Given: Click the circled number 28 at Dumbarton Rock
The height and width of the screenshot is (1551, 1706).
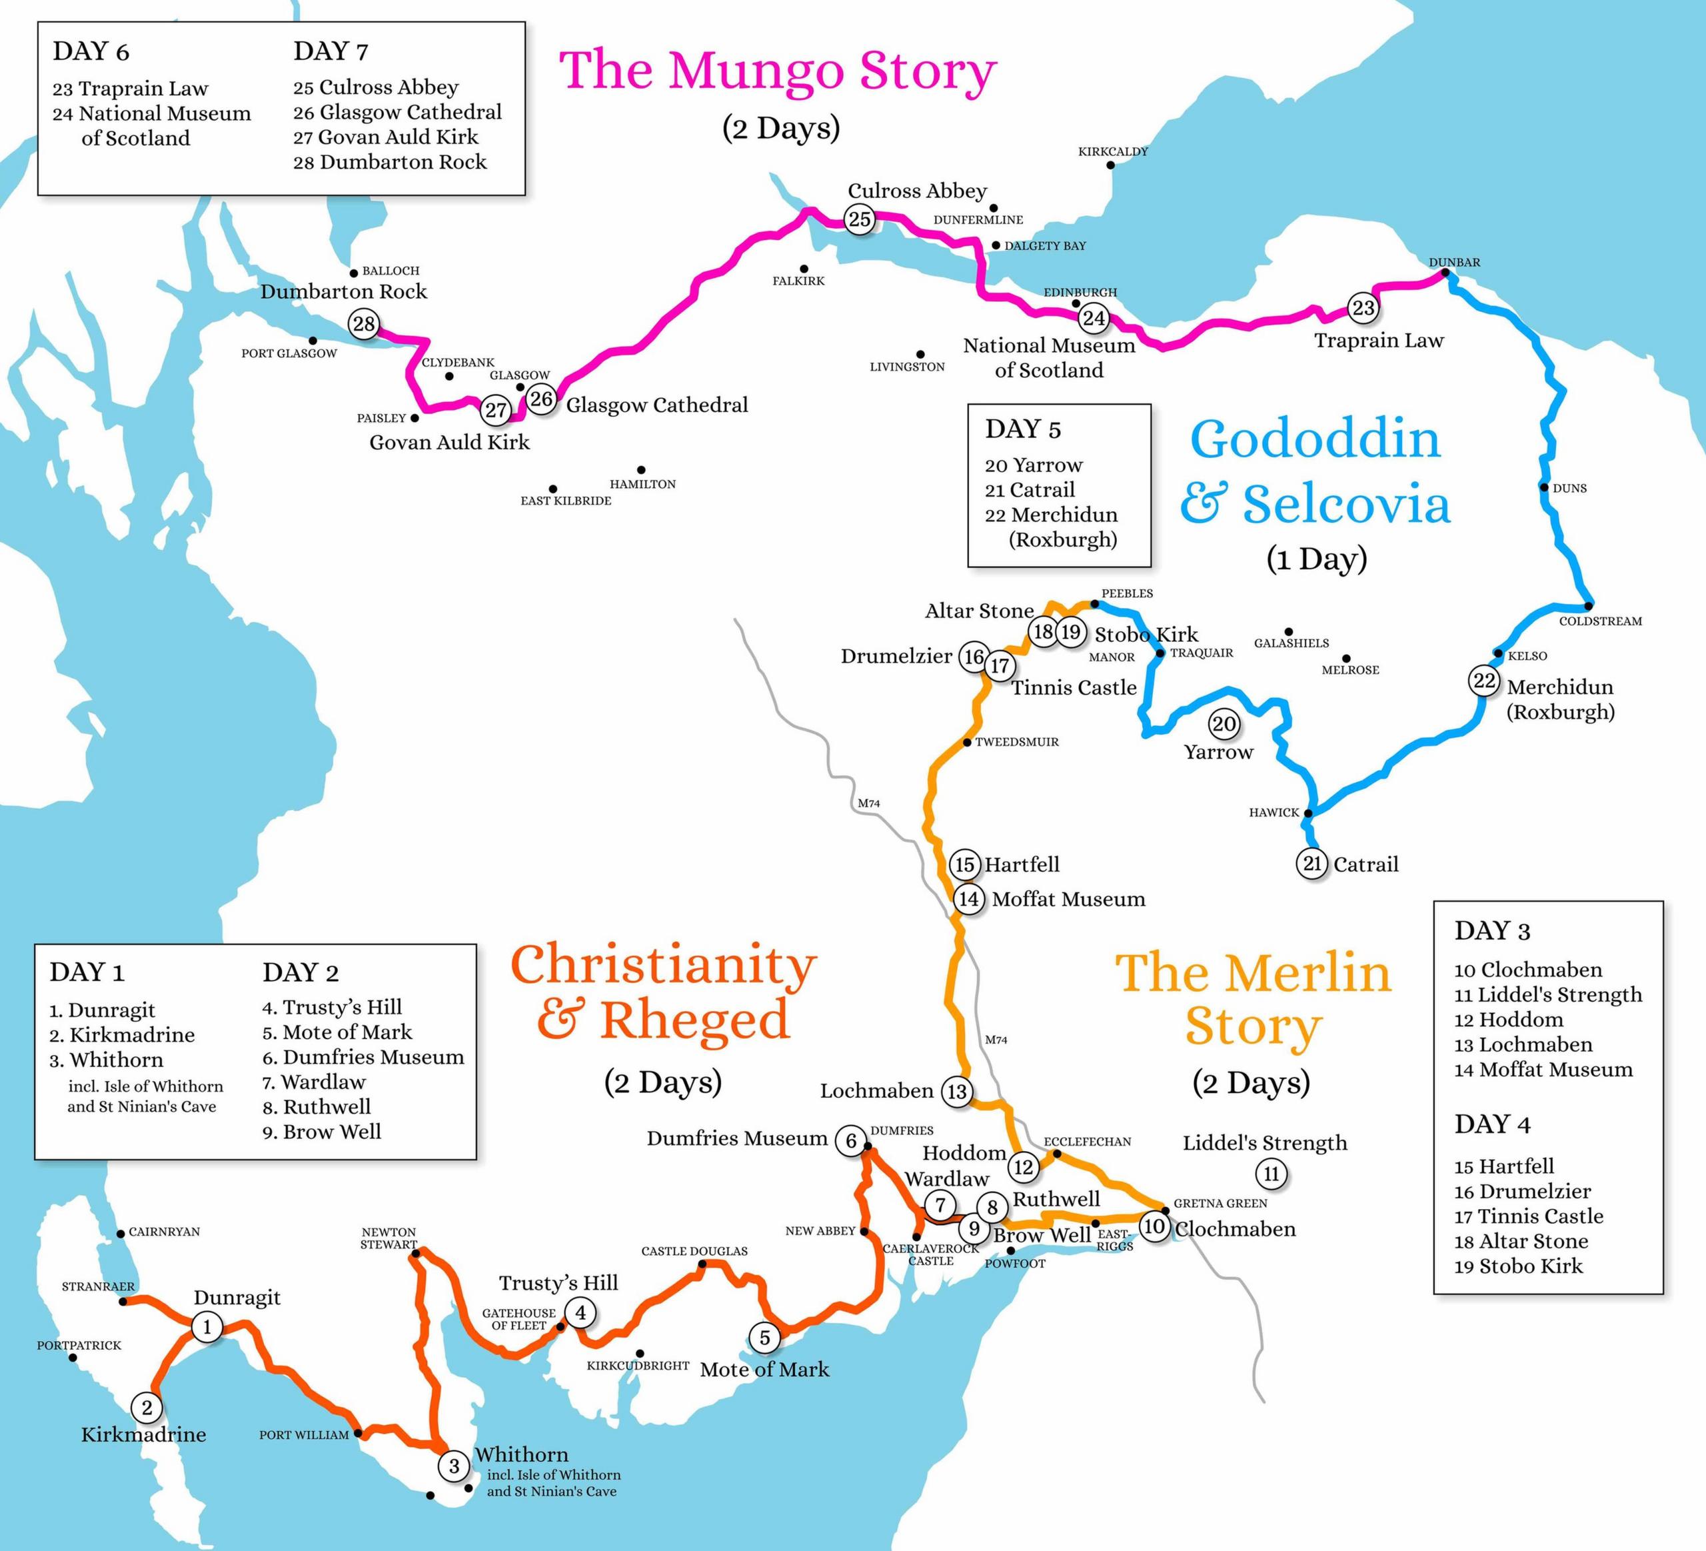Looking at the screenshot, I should (364, 323).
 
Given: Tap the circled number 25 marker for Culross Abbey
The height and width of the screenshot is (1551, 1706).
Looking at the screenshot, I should (860, 220).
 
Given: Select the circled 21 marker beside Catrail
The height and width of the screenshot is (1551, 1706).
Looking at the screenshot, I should (1311, 863).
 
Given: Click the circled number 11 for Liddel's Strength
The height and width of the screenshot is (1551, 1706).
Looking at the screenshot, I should (1271, 1174).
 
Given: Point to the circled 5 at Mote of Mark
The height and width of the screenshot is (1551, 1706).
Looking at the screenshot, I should (764, 1338).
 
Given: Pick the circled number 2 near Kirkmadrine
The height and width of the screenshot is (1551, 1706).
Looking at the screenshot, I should (147, 1408).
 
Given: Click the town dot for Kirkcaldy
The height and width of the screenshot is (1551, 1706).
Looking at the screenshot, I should (1111, 165).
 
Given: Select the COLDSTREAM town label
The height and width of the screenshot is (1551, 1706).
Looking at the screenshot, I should (1599, 621).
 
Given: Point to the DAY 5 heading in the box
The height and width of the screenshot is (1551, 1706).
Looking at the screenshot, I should (1022, 429).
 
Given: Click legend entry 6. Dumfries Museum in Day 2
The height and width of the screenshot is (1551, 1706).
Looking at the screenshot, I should (363, 1057).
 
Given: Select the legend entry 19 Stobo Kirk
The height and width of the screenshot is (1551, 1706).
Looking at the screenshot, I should (1518, 1266).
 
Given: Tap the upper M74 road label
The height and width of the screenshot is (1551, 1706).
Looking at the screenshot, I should (868, 803).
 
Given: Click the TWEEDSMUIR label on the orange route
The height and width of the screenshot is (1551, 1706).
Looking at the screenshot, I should (1016, 742).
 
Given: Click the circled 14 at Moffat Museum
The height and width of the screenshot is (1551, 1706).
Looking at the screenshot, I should (969, 898).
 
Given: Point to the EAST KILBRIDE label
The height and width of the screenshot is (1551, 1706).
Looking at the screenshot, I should (565, 501).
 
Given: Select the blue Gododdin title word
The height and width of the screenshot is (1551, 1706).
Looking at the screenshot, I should (1315, 440).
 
